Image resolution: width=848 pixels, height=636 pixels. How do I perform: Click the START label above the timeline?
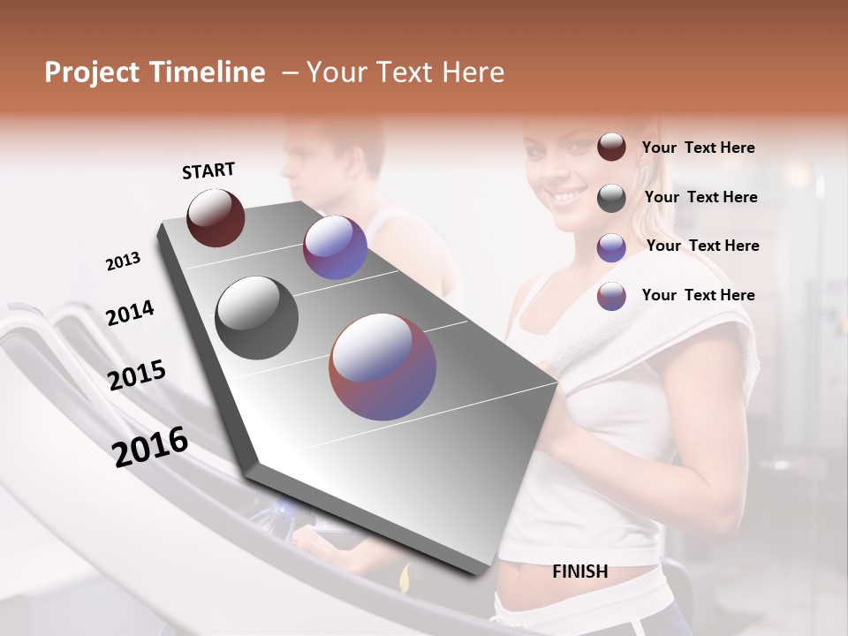point(208,170)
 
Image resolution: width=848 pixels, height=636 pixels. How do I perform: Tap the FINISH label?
point(579,572)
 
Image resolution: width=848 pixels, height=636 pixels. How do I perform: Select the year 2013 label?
point(123,261)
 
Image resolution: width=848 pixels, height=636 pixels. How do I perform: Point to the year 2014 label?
point(130,313)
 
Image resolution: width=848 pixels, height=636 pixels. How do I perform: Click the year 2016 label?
point(150,447)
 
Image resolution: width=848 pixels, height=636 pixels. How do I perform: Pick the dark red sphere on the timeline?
point(216,217)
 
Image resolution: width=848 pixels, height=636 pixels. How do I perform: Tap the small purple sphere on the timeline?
point(335,247)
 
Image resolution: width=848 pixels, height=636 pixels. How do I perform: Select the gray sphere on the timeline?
point(257,318)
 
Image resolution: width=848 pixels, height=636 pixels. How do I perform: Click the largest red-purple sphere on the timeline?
point(382,367)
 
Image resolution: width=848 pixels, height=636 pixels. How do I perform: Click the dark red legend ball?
point(611,147)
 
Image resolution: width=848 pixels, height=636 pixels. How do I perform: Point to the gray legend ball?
point(611,198)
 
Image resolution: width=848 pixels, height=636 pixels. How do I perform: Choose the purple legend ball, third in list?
point(611,247)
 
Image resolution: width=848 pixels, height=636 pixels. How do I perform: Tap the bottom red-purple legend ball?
point(611,296)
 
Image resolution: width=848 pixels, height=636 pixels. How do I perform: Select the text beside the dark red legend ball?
point(698,148)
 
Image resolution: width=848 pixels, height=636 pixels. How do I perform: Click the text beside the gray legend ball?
point(700,197)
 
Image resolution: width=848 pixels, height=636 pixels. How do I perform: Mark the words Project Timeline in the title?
point(155,72)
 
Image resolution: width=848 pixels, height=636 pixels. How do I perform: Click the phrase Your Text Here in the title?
point(405,72)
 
